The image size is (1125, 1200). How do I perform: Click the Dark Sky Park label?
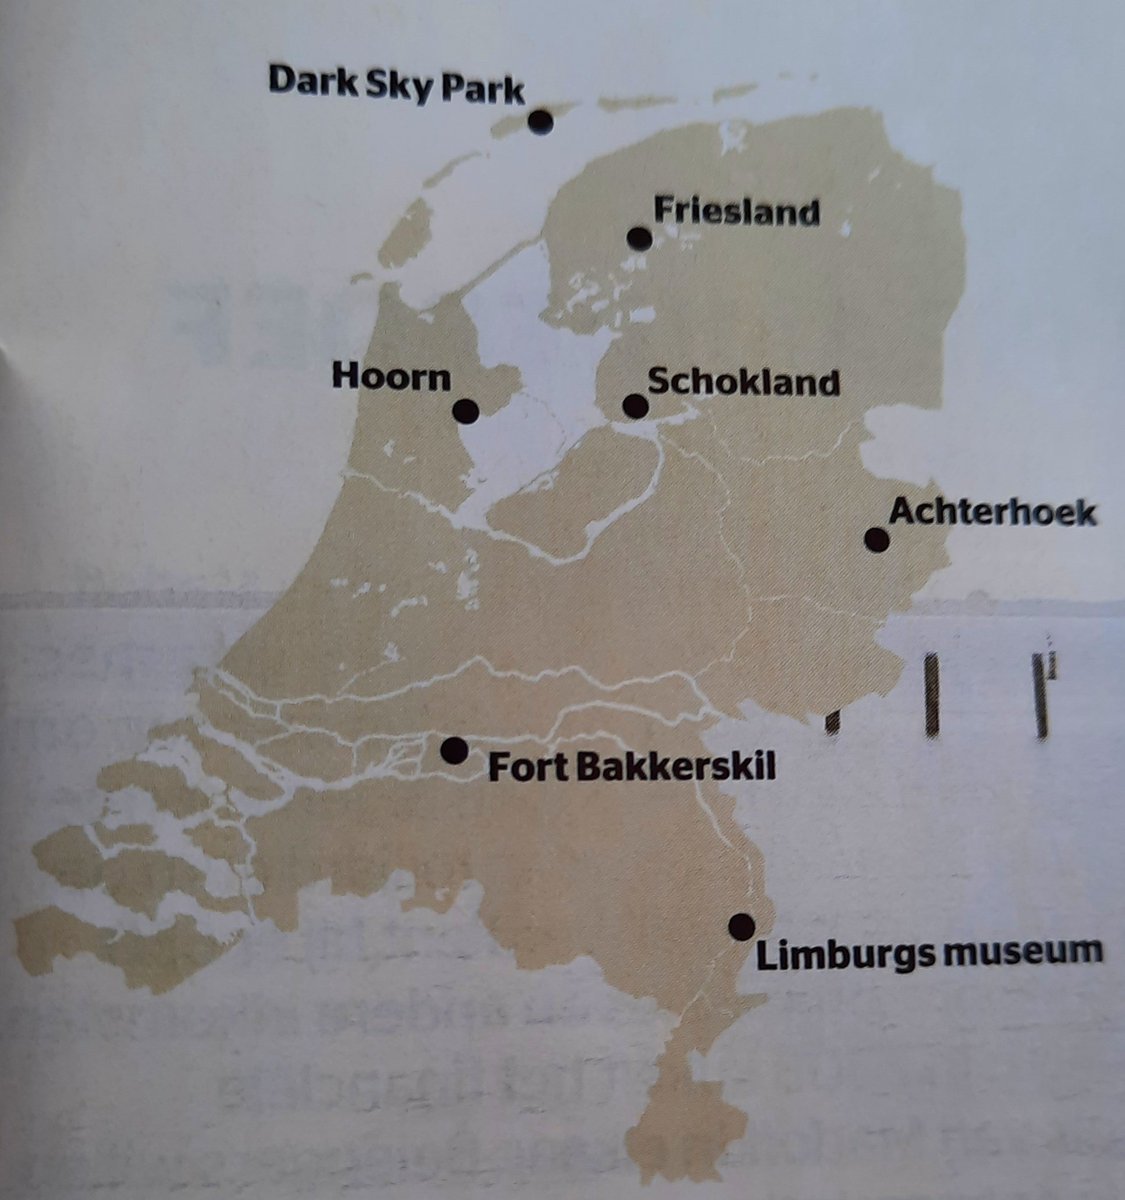(395, 85)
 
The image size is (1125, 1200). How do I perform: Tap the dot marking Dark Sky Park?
(541, 122)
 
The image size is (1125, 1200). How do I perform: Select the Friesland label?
(736, 211)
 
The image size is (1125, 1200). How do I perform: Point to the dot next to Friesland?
(639, 238)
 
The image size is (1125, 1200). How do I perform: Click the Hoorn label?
(392, 378)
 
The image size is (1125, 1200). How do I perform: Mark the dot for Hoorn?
(465, 410)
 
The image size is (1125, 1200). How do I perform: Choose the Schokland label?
(743, 382)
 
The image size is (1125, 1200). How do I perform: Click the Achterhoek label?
(993, 513)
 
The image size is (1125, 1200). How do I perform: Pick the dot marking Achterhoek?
(877, 540)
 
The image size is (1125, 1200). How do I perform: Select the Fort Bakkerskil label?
(631, 769)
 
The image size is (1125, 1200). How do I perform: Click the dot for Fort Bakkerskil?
(454, 750)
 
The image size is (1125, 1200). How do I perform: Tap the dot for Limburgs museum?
(741, 926)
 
